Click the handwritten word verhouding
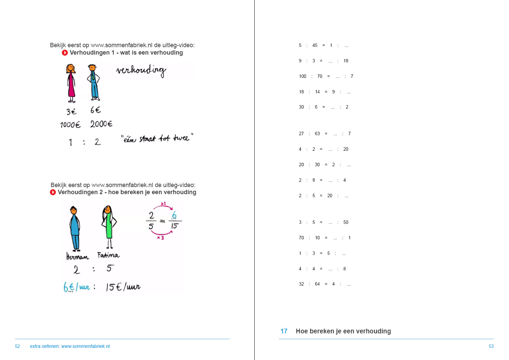(141, 70)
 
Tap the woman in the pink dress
(71, 83)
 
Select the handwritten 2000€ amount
(101, 124)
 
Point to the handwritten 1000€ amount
(70, 125)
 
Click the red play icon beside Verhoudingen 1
(65, 53)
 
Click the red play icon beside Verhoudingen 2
(53, 192)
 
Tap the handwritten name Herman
(77, 257)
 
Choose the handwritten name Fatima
(108, 255)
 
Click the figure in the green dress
(108, 226)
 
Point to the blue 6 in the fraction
(174, 215)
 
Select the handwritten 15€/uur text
(123, 287)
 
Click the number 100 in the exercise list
(303, 77)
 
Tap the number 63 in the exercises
(317, 134)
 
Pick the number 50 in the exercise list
(346, 222)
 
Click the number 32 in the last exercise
(301, 284)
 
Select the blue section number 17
(284, 331)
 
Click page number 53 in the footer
(491, 347)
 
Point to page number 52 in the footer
(18, 347)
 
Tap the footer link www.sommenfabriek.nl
(86, 347)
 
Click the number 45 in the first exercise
(315, 46)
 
